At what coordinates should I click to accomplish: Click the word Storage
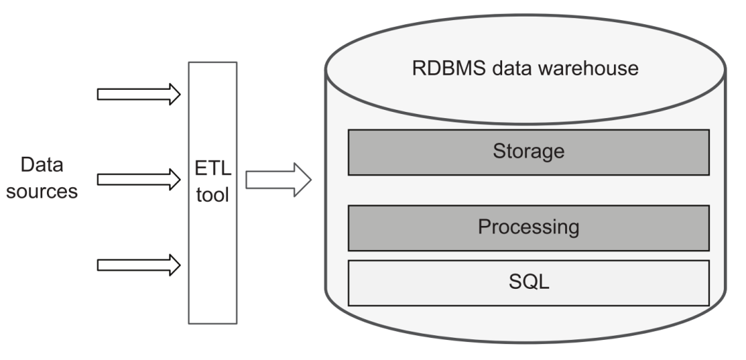(528, 151)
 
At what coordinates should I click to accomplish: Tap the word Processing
(528, 227)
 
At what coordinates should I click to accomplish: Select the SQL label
(529, 281)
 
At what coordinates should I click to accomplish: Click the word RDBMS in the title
(449, 68)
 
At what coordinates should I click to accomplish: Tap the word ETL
(213, 168)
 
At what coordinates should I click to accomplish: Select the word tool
(213, 195)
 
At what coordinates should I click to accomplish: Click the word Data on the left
(42, 164)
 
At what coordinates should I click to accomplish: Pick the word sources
(42, 191)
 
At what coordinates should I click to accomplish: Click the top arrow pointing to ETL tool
(138, 94)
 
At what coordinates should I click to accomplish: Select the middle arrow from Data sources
(138, 180)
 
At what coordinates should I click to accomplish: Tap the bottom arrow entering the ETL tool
(138, 265)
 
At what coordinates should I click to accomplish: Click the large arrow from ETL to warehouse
(278, 180)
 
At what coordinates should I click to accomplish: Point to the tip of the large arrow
(311, 180)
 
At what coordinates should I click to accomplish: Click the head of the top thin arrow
(175, 94)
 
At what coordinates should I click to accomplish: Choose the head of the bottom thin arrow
(175, 265)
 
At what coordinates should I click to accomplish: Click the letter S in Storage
(499, 151)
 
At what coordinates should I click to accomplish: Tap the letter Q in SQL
(529, 282)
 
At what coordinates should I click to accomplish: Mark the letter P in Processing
(484, 227)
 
